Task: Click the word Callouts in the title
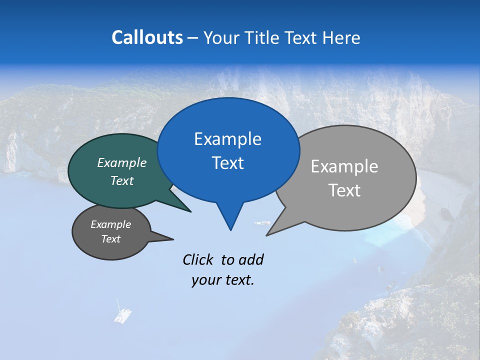(x=147, y=37)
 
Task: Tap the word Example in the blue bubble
(x=227, y=139)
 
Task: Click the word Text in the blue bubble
(x=227, y=162)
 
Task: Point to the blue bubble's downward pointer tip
(x=230, y=229)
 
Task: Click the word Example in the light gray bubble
(x=344, y=166)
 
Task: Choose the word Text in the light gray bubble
(x=344, y=190)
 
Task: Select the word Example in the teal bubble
(x=122, y=162)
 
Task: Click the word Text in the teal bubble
(x=122, y=180)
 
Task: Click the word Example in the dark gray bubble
(x=111, y=224)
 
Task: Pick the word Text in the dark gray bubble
(x=111, y=239)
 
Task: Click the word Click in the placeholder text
(x=199, y=259)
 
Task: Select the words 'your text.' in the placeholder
(x=223, y=280)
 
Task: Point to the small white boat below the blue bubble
(x=262, y=223)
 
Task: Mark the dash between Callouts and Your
(x=193, y=38)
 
